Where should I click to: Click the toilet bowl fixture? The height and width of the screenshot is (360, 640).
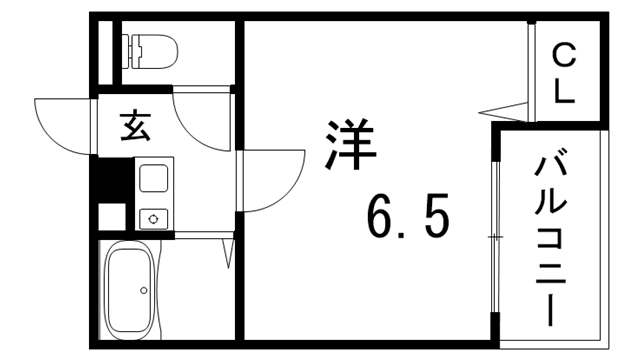(156, 48)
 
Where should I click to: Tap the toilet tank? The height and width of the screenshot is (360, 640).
(130, 47)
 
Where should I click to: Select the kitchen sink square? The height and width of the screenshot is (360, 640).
(154, 179)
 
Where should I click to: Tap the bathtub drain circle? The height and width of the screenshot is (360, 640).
(144, 291)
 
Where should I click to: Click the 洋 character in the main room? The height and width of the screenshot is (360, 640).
(349, 147)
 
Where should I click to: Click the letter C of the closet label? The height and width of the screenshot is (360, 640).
(565, 55)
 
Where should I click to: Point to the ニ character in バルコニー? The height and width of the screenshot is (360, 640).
(551, 271)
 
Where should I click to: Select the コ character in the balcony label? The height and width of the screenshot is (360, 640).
(551, 237)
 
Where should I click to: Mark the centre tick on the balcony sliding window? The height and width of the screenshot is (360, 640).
(494, 236)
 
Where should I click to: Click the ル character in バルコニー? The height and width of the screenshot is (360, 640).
(551, 201)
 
